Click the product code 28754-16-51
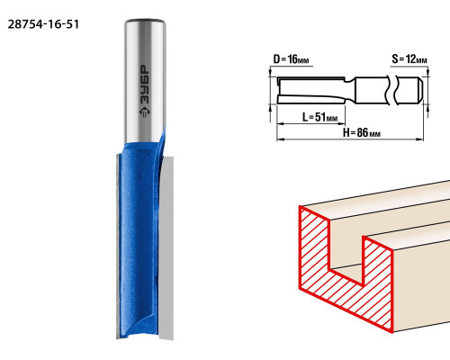pyautogui.click(x=43, y=24)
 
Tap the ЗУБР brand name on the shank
pyautogui.click(x=145, y=85)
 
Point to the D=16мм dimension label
pyautogui.click(x=291, y=59)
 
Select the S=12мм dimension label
pyautogui.click(x=409, y=59)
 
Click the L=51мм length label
pyautogui.click(x=319, y=117)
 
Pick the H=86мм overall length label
pyautogui.click(x=362, y=132)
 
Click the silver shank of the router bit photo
pyautogui.click(x=145, y=81)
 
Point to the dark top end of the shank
pyautogui.click(x=145, y=21)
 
